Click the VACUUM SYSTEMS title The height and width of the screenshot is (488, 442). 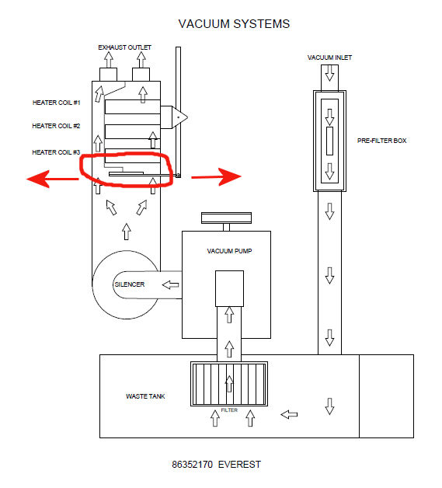tap(234, 24)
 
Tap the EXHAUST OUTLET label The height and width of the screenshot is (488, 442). tap(124, 47)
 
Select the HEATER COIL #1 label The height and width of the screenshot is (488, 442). tap(56, 103)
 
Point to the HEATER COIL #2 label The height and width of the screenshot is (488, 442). tap(56, 126)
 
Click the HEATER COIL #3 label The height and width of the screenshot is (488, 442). tap(56, 152)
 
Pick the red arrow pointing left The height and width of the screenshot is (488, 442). tap(53, 179)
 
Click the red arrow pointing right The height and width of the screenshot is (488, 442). tap(216, 176)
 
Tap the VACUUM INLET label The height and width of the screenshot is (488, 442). tap(329, 58)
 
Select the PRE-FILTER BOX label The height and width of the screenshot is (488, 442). tap(381, 141)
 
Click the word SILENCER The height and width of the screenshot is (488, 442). tap(130, 284)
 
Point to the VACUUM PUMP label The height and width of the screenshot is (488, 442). tap(229, 251)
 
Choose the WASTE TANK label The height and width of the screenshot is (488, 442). tap(145, 396)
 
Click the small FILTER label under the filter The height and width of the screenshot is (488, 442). tap(229, 410)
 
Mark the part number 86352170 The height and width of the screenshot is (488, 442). tap(192, 465)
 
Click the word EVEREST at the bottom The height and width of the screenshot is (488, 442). tap(239, 465)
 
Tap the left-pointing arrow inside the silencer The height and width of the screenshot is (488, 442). tap(170, 284)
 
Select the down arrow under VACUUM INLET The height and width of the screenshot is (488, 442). tap(329, 73)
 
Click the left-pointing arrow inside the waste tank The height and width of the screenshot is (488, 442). tap(289, 414)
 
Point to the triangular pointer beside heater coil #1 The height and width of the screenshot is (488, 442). tap(179, 117)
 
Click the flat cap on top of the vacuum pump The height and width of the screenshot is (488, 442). tap(226, 218)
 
